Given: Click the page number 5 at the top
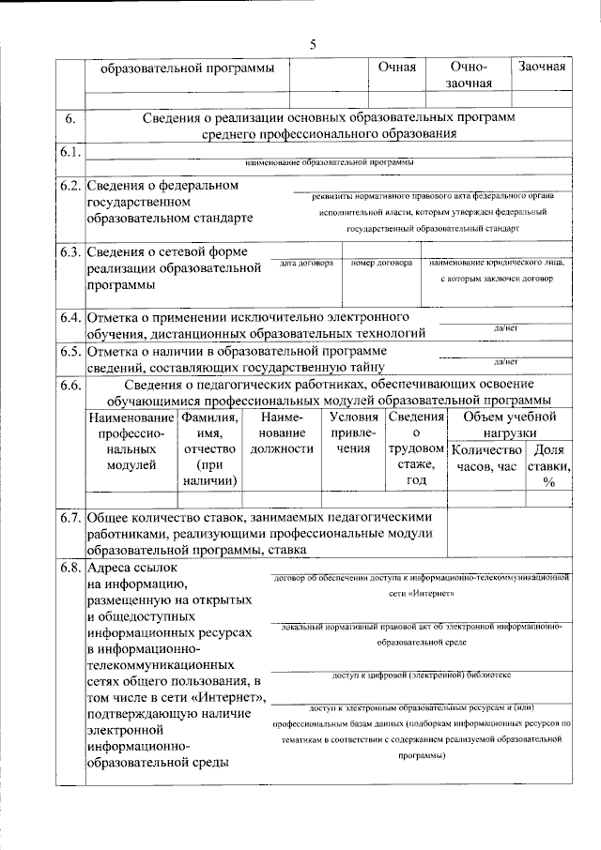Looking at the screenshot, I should [x=312, y=45].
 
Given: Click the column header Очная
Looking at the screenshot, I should [x=396, y=68].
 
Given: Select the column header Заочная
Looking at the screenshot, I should [x=541, y=68].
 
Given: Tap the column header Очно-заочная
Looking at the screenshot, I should [x=467, y=75].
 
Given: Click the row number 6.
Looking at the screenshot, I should [x=70, y=118].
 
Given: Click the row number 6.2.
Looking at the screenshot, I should [x=70, y=186].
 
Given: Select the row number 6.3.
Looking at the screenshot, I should [x=70, y=252].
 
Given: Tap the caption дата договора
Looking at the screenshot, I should [x=306, y=265].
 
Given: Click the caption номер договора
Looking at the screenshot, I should [x=381, y=265].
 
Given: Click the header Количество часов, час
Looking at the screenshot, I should [x=486, y=458].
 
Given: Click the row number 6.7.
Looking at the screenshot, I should [x=70, y=517].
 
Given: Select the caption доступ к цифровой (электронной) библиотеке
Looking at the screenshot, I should [x=422, y=675].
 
